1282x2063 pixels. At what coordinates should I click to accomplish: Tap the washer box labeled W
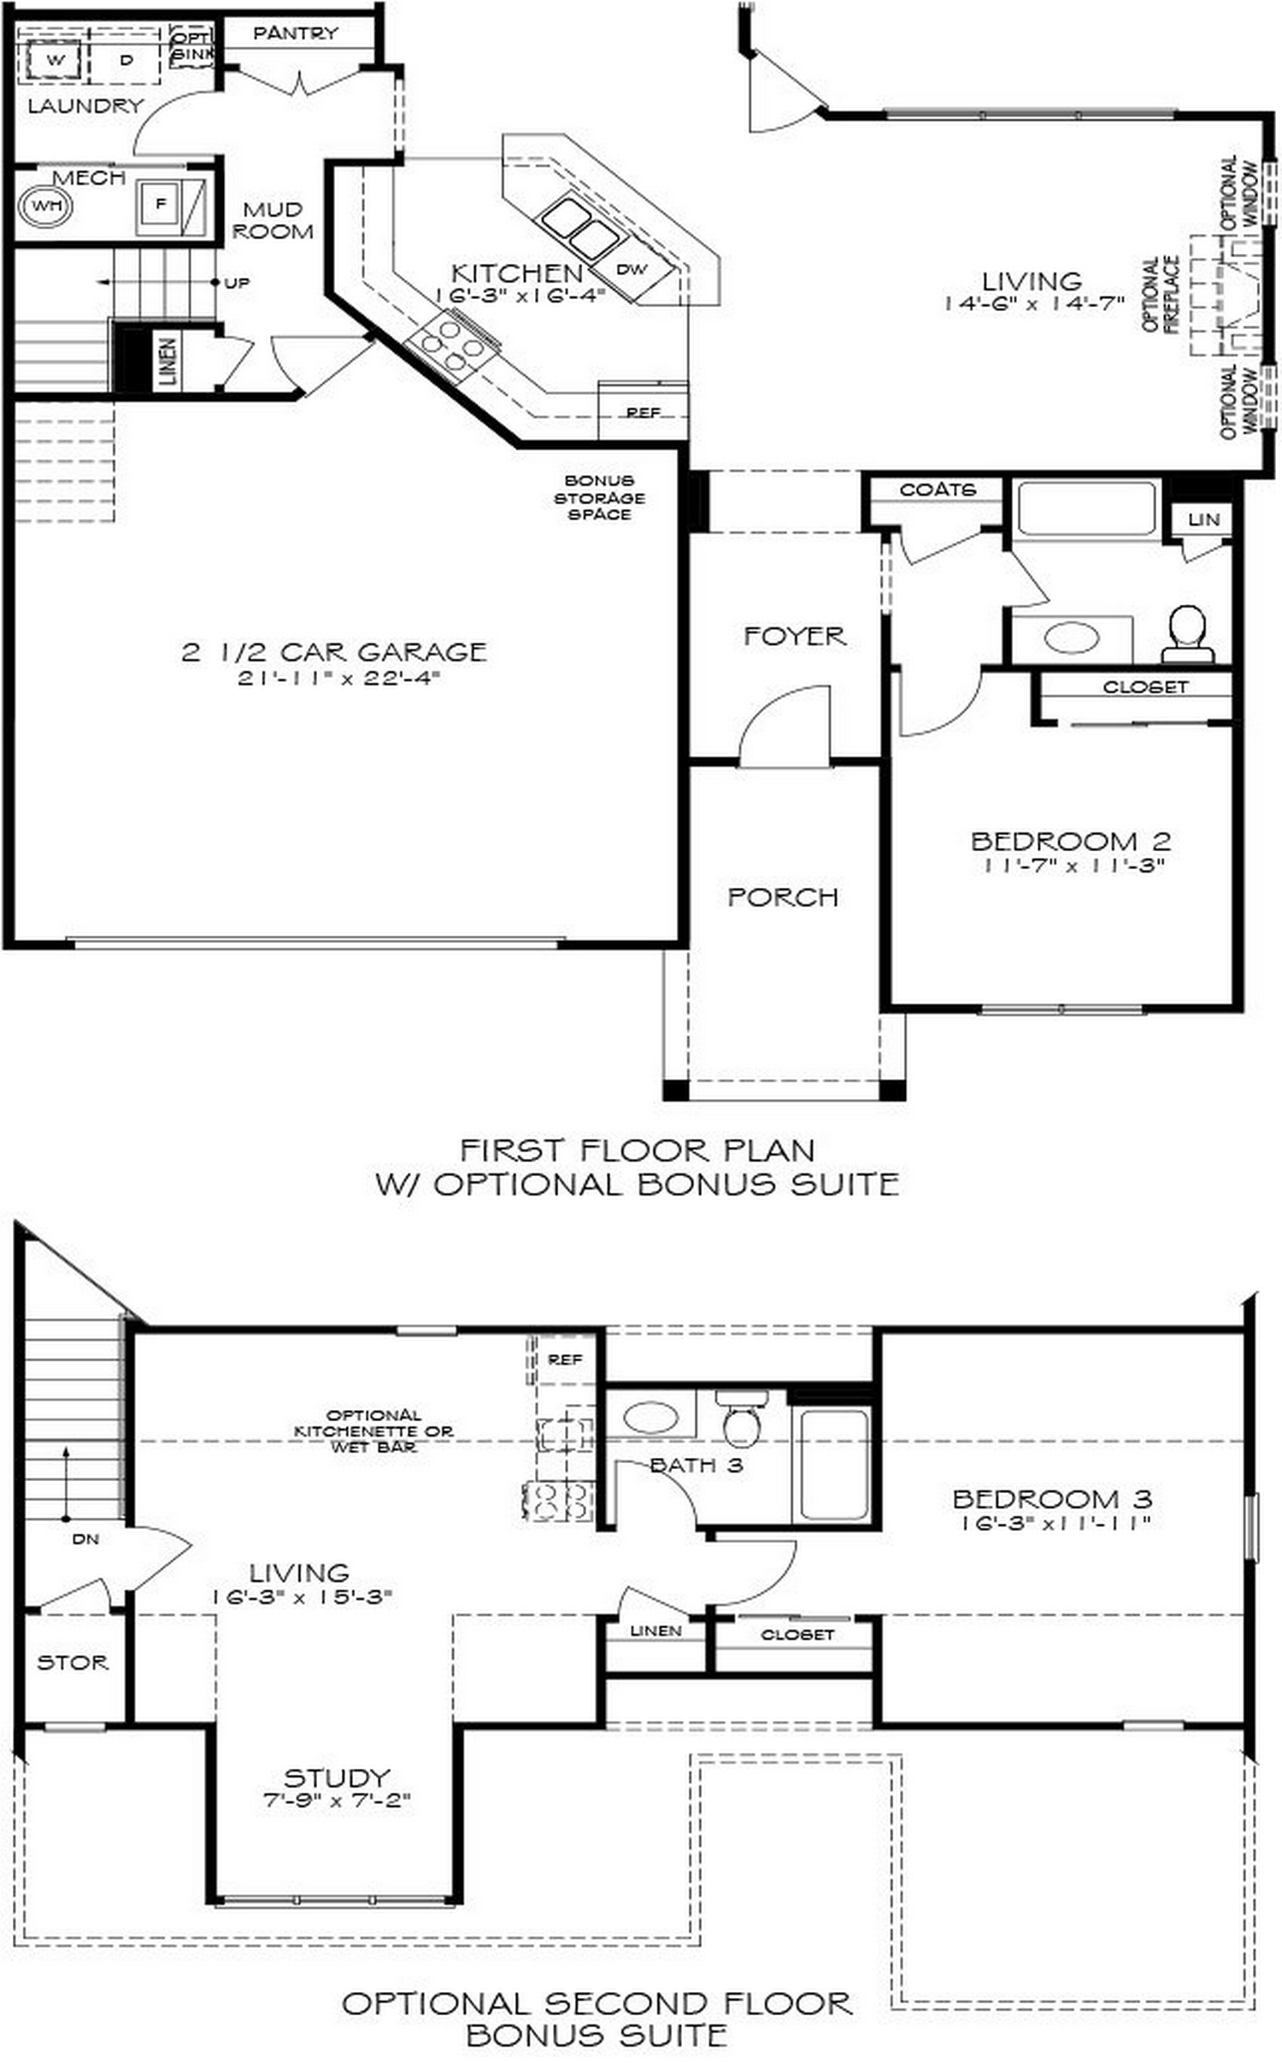(56, 60)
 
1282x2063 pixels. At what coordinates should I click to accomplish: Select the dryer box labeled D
(126, 60)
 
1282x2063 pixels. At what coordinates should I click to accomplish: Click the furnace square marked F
(160, 203)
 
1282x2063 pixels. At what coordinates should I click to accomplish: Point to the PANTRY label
(296, 33)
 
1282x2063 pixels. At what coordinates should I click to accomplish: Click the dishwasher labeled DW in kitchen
(632, 269)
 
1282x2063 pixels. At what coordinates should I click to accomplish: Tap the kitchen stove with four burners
(451, 344)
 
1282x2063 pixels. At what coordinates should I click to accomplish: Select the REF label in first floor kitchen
(643, 412)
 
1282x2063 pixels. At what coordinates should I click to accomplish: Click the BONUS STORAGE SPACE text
(599, 497)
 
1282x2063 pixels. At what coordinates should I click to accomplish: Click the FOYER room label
(794, 636)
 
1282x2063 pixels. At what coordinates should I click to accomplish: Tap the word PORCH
(782, 896)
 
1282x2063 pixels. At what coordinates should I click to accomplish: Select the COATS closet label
(937, 490)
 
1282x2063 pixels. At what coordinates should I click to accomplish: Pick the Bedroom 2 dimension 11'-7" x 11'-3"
(1073, 865)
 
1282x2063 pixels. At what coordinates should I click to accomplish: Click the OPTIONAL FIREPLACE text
(1161, 293)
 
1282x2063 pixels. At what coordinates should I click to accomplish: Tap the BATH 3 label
(696, 1465)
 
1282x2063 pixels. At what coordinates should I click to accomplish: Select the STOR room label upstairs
(73, 1662)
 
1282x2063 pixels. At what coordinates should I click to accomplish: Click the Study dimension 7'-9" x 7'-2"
(337, 1800)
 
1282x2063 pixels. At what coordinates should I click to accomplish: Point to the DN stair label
(85, 1539)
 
